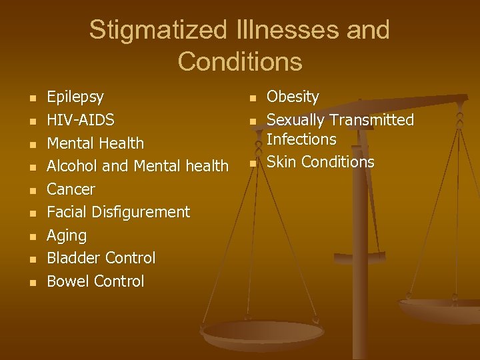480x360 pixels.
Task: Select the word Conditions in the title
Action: tap(240, 61)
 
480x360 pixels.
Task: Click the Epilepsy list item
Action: tap(75, 97)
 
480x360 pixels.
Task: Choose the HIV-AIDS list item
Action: tap(80, 120)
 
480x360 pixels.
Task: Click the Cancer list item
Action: tap(71, 189)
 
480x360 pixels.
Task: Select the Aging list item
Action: tap(67, 235)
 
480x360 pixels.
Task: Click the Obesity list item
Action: tap(293, 97)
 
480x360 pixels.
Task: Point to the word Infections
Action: tap(301, 139)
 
